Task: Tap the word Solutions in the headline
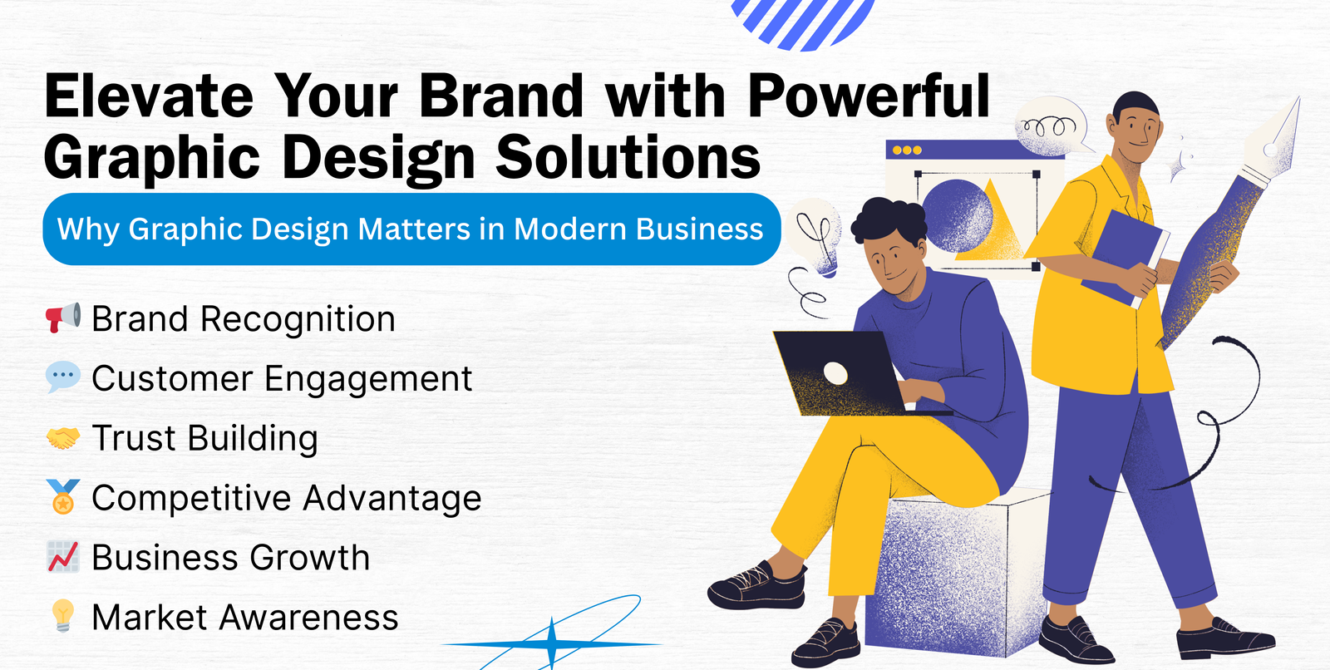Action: [x=628, y=156]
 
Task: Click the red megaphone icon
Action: [x=63, y=318]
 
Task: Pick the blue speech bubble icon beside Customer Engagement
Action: [x=63, y=377]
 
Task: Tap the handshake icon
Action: [x=63, y=438]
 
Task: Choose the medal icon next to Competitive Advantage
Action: [x=63, y=496]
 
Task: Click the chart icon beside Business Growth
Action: [x=63, y=557]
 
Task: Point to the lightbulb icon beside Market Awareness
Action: [x=63, y=615]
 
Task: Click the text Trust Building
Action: [x=204, y=438]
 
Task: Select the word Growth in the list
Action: [x=310, y=558]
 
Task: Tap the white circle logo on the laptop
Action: [x=835, y=373]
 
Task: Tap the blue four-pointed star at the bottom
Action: [x=552, y=644]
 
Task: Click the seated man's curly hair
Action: [x=889, y=219]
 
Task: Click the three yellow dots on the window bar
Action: [x=907, y=150]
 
